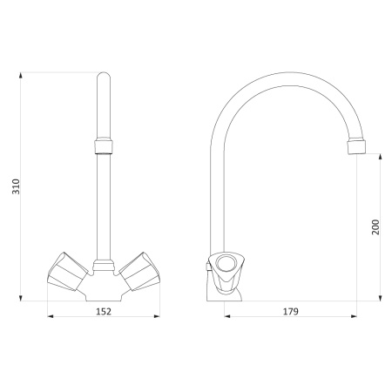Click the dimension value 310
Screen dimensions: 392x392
(16, 186)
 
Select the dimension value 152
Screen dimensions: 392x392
(104, 311)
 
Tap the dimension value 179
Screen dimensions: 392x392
(291, 311)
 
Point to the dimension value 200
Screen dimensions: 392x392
(375, 227)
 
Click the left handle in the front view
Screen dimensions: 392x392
(67, 272)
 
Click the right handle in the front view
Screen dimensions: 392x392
(139, 272)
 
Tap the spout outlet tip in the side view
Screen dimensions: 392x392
(356, 146)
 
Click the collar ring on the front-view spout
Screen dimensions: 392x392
(104, 146)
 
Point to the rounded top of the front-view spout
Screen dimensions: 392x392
(104, 75)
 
